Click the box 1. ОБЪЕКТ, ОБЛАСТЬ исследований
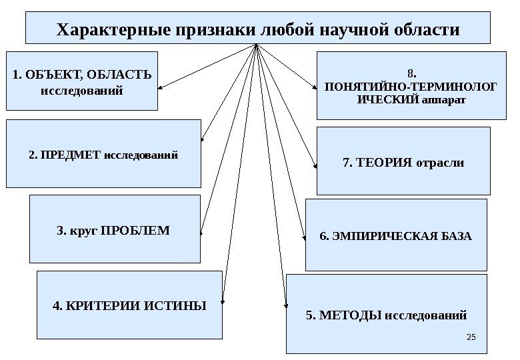(x=82, y=81)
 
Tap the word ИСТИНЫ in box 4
(x=171, y=306)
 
